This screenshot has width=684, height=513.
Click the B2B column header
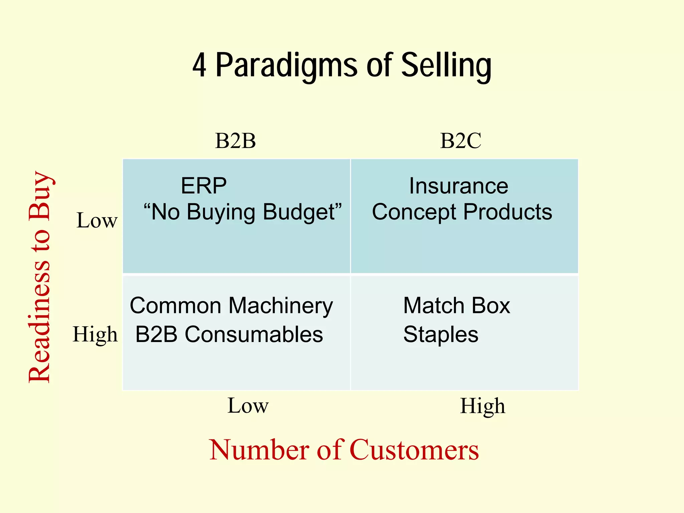coord(235,141)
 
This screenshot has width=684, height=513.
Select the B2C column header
coord(461,141)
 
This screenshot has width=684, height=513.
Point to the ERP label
coord(204,186)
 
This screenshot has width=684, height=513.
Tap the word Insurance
coord(459,186)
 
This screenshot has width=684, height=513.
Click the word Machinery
coord(281,306)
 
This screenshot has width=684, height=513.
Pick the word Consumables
coord(254,334)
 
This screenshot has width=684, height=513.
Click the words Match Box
coord(457,306)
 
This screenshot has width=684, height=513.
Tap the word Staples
coord(441,334)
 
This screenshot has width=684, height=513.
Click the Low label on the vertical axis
coord(97,221)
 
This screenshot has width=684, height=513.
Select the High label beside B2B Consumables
coord(95,334)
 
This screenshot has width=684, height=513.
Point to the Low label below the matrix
coord(248,406)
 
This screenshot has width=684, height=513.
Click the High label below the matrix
coord(482,406)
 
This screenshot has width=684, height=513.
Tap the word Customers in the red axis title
coord(414,450)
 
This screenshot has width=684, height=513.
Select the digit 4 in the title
coord(199,66)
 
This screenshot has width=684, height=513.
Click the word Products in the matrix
coord(508,212)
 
